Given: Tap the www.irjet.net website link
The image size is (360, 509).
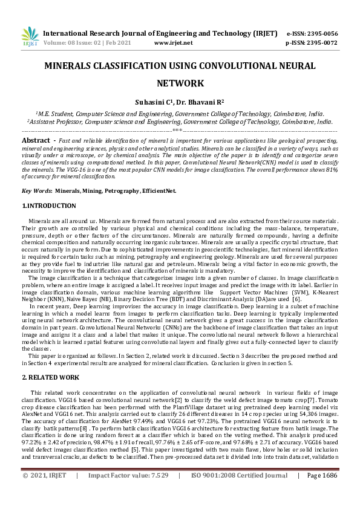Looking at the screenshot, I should point(174,43).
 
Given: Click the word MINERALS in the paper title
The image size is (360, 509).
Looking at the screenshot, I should point(73,65).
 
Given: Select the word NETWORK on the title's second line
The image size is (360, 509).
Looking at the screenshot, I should point(180,83).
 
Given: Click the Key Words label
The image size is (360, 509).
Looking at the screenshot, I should point(36,190).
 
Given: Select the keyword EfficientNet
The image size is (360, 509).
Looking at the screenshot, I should point(159,190).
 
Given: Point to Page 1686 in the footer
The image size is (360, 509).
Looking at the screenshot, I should point(322,493).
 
